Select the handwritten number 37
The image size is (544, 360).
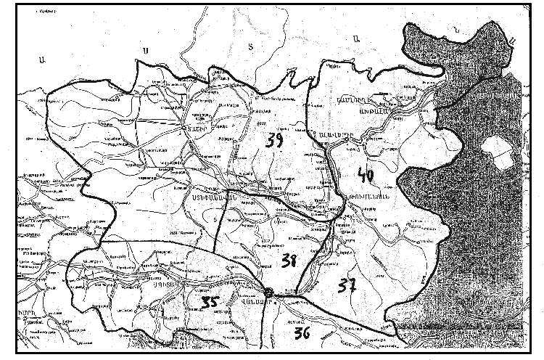tap(346, 286)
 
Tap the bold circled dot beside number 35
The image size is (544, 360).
tap(268, 292)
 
